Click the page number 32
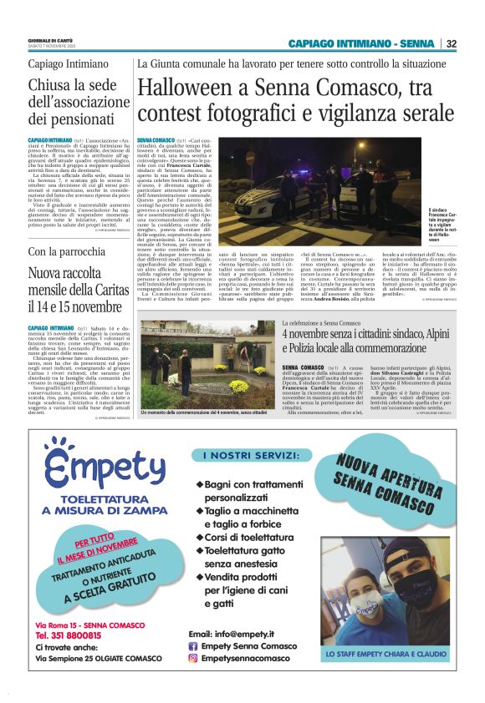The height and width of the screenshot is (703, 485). pos(451,43)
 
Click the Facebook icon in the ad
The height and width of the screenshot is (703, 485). pos(193,645)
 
